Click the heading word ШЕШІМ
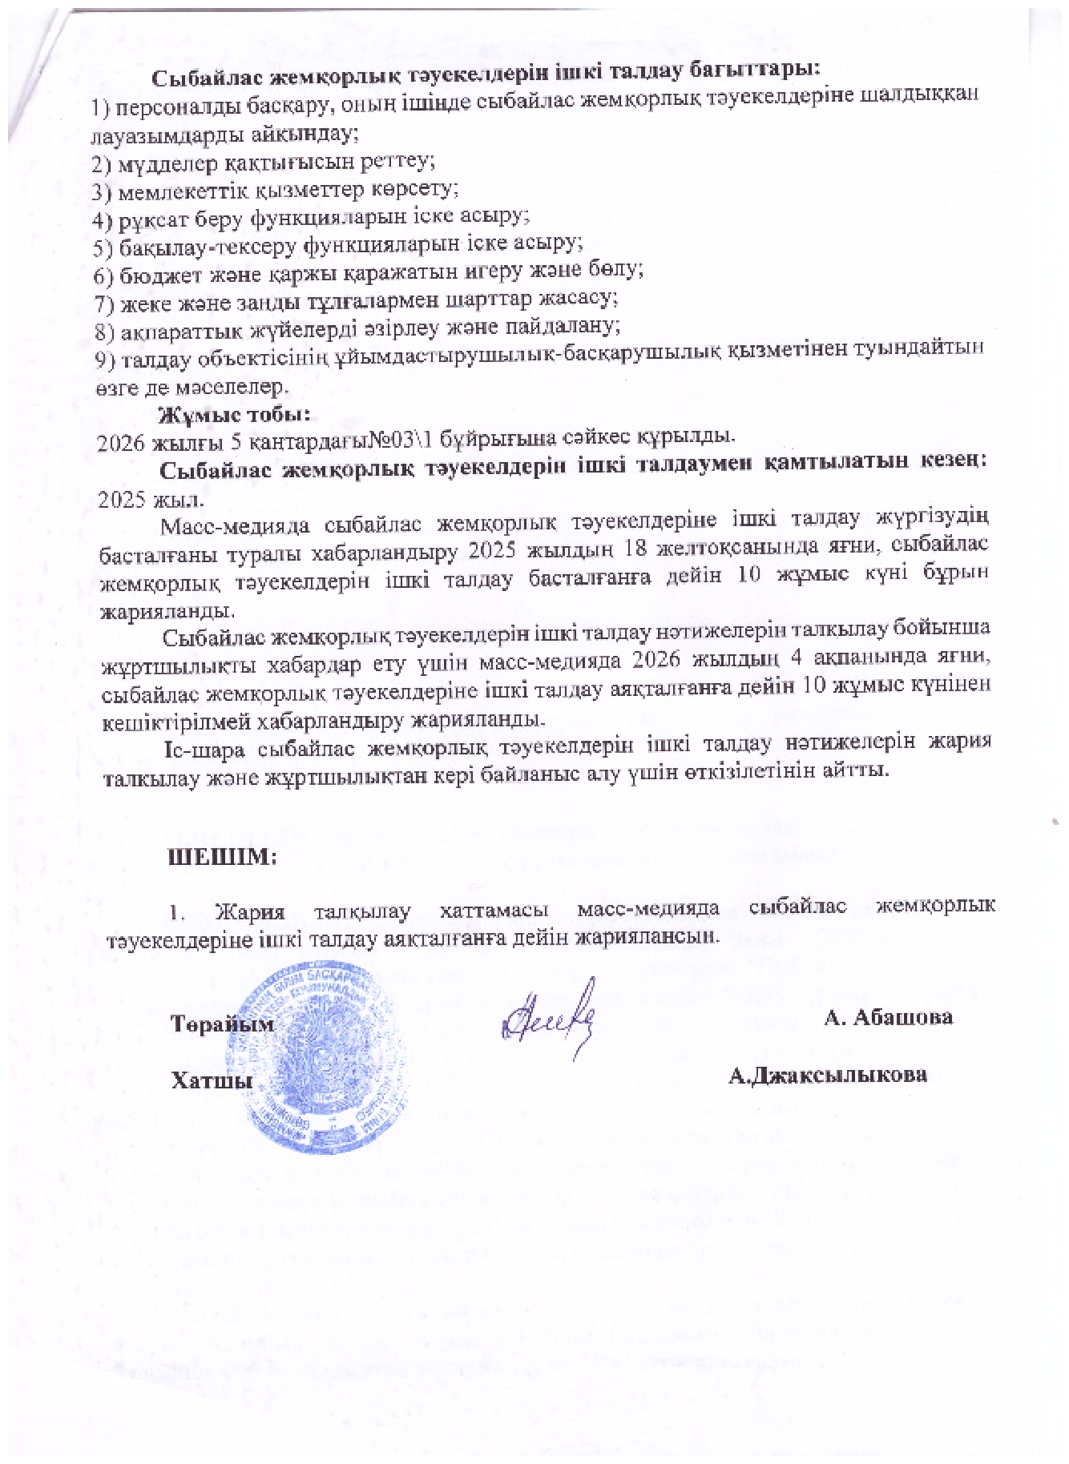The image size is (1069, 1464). point(221,856)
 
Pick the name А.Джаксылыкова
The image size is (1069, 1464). point(828,1075)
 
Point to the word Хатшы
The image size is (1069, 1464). point(211,1080)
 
